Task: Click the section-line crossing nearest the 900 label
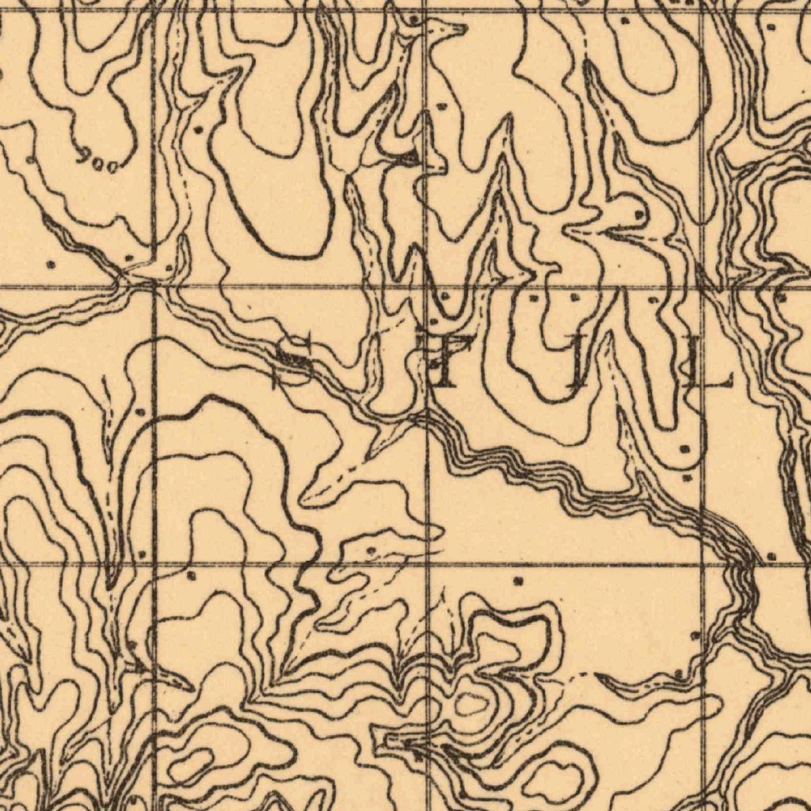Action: (153, 285)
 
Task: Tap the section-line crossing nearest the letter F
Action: (427, 285)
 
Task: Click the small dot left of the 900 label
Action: (30, 160)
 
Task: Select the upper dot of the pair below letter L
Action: (684, 449)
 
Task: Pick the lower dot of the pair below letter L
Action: (686, 478)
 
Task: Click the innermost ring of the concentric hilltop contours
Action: (473, 702)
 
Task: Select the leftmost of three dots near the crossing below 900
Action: (51, 264)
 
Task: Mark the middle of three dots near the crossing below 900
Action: (129, 258)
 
